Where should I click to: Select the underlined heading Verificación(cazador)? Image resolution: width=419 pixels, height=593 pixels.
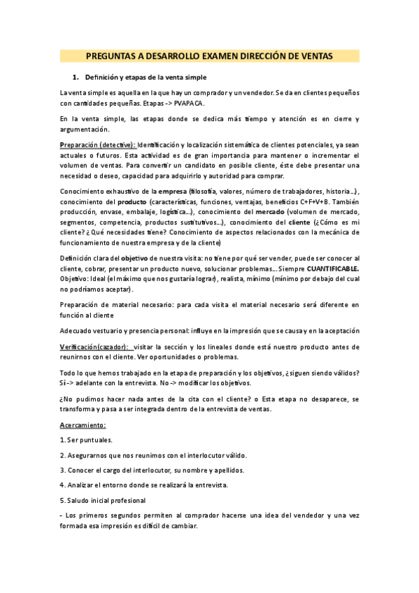tap(94, 346)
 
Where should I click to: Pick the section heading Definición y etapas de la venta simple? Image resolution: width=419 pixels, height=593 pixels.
tap(145, 76)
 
